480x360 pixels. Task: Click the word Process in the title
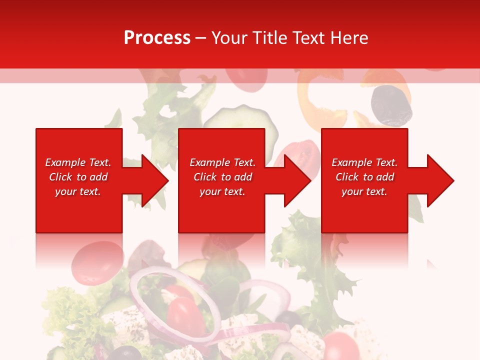pos(157,38)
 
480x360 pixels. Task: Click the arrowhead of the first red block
pos(152,180)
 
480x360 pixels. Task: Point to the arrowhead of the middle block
pos(295,180)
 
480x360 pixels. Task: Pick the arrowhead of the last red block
pos(438,180)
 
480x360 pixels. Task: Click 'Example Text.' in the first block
pos(78,162)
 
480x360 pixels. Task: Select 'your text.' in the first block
pos(78,191)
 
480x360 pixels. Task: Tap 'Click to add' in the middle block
pos(222,177)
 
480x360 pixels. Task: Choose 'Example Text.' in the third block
pos(364,162)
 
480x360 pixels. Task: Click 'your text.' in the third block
pos(364,191)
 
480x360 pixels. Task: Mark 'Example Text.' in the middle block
pos(222,162)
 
